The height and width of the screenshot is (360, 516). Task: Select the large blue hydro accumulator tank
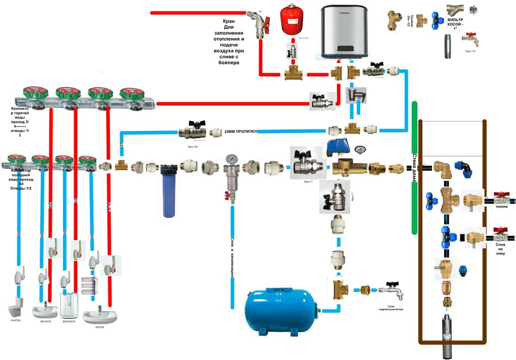coord(279,310)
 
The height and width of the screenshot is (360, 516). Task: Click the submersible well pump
coord(445,335)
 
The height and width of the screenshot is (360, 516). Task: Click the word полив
coord(501,207)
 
